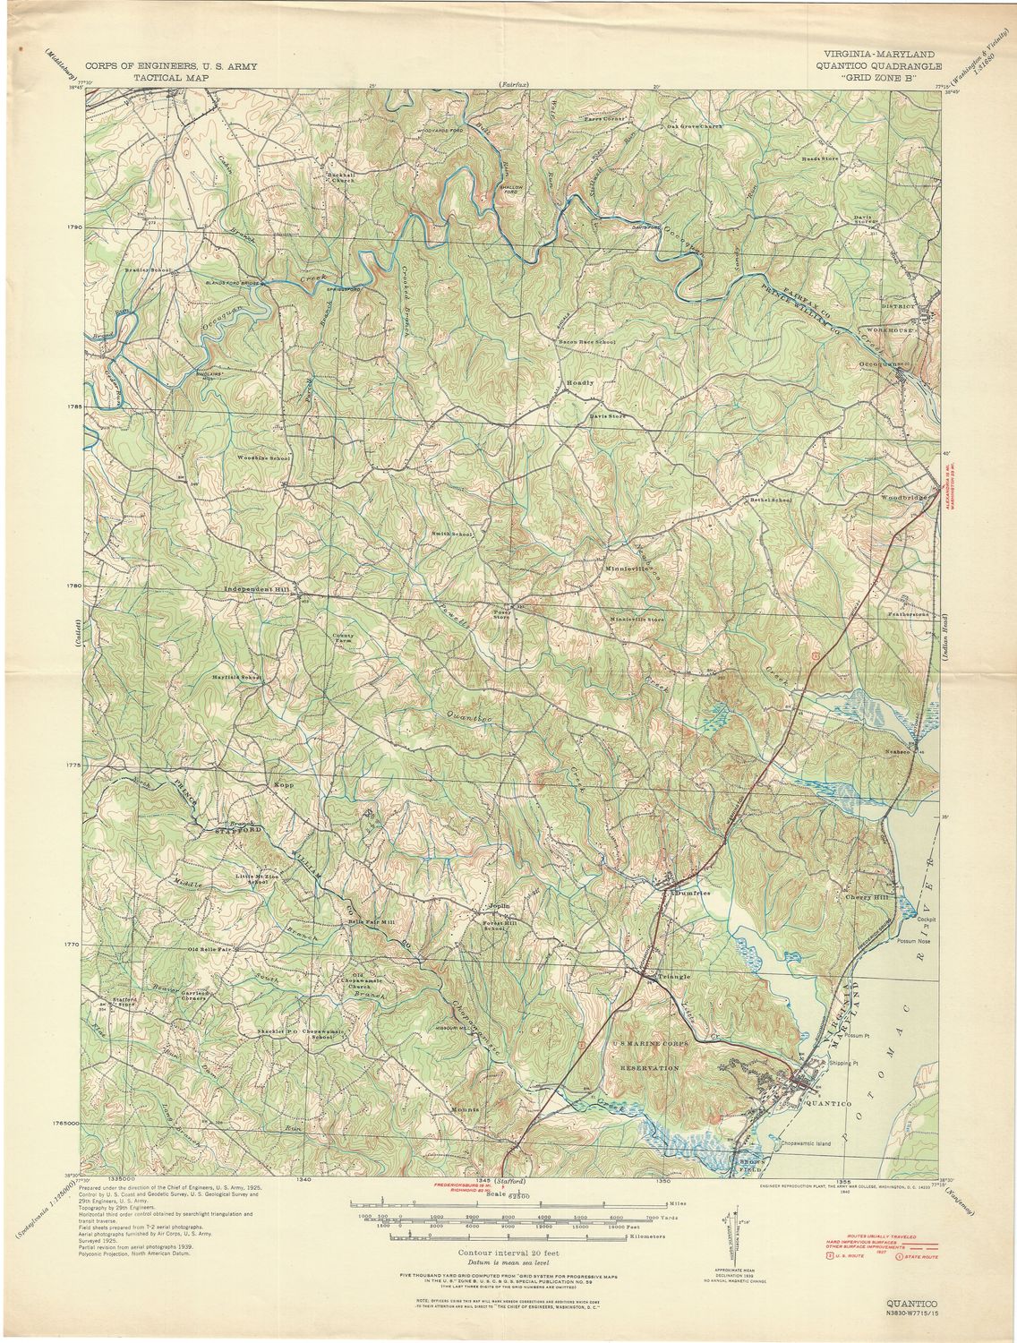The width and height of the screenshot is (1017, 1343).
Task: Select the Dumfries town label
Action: [x=690, y=893]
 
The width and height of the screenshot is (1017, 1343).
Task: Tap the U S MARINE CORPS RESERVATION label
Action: [x=645, y=1056]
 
